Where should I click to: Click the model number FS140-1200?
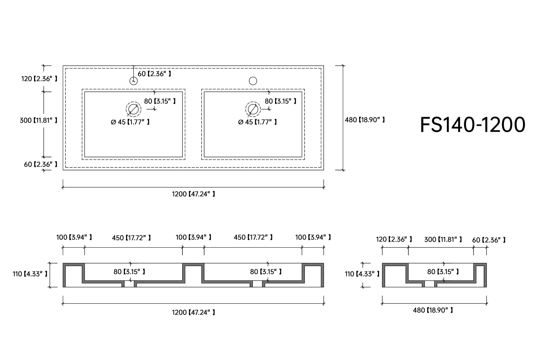pos(472,125)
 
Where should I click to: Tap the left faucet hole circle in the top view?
pos(134,81)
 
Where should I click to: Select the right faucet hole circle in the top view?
pos(253,81)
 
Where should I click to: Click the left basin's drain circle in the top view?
pos(134,109)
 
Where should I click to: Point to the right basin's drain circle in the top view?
pos(253,109)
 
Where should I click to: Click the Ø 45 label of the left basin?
pos(130,122)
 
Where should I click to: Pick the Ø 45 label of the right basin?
pos(257,122)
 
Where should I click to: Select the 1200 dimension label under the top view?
pos(194,194)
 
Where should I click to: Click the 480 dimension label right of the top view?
pos(365,120)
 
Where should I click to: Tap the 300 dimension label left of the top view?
pos(38,120)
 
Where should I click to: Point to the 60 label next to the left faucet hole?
pos(154,74)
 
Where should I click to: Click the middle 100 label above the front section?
pos(194,237)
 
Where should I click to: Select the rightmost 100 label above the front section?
pos(313,237)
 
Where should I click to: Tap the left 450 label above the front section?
pos(131,238)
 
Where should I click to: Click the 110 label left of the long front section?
pos(30,274)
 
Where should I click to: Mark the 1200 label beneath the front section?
pos(194,312)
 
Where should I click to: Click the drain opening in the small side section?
pos(429,284)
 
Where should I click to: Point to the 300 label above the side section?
pos(443,239)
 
